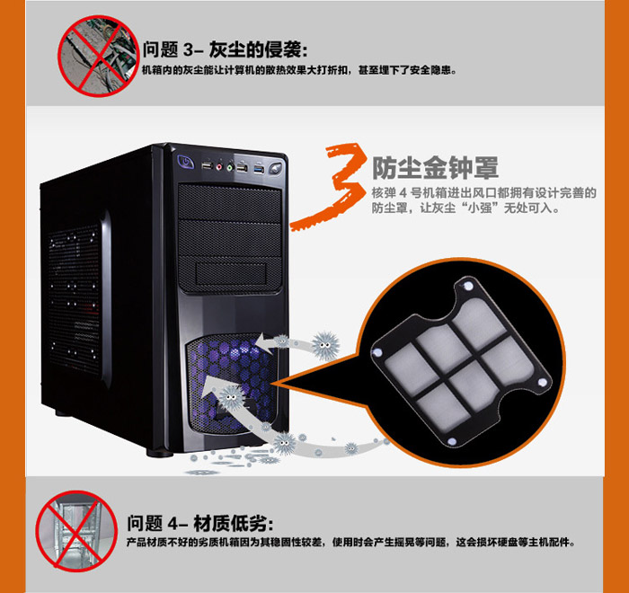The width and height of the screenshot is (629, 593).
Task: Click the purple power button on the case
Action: click(186, 162)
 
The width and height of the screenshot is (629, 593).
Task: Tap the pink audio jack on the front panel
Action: click(219, 165)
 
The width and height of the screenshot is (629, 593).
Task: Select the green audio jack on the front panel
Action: click(230, 166)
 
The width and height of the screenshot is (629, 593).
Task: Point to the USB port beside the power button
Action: click(207, 164)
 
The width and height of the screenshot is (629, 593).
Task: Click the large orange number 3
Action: click(328, 186)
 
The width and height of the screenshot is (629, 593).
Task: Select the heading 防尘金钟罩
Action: click(435, 168)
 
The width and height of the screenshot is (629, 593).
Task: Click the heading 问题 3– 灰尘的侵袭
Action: click(226, 49)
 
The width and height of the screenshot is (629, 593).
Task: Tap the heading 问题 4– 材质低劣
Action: click(200, 523)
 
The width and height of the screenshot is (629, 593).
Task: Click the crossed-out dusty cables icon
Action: click(98, 56)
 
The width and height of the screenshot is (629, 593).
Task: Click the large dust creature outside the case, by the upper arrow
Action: click(325, 345)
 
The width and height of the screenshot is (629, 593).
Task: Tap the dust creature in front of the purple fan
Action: click(230, 398)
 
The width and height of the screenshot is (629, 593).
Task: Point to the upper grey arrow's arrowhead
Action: click(265, 342)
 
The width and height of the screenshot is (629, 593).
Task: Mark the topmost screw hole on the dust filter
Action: click(468, 286)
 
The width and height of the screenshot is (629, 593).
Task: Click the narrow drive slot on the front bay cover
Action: click(231, 273)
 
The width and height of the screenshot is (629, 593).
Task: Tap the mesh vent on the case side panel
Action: click(75, 299)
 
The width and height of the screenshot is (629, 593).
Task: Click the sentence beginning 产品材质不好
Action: click(350, 543)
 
